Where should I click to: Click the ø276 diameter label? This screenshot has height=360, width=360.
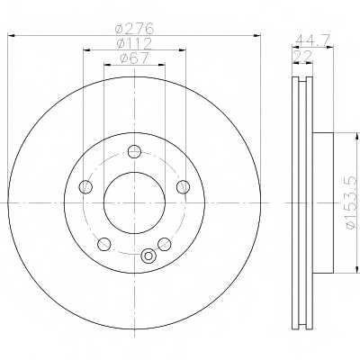[x=134, y=29]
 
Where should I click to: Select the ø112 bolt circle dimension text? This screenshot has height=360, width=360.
[x=134, y=44]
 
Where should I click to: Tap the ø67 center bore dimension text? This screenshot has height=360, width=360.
[x=134, y=58]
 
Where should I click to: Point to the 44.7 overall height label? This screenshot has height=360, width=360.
[x=312, y=40]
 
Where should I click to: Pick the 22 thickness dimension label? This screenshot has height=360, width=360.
[x=303, y=56]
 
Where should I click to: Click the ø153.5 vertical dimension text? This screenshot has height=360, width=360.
[x=352, y=203]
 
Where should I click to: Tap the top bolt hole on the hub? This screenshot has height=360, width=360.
[x=134, y=152]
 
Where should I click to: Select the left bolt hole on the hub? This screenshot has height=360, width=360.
[x=85, y=187]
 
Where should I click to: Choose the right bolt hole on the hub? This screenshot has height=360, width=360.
[x=183, y=187]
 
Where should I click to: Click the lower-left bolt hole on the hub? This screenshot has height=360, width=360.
[x=104, y=244]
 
